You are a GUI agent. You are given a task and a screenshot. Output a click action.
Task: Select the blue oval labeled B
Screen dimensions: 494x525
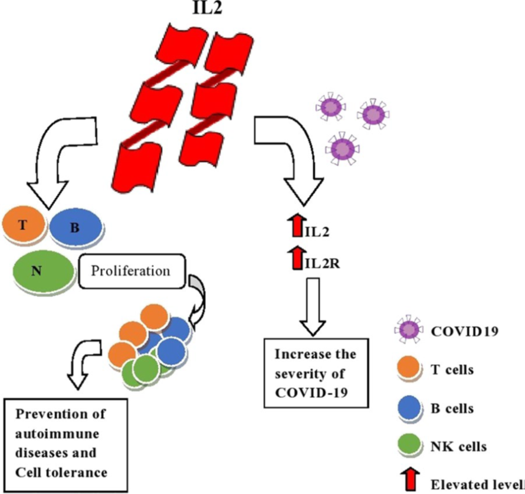point(76,228)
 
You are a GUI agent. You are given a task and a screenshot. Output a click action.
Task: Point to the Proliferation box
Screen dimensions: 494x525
point(130,272)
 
